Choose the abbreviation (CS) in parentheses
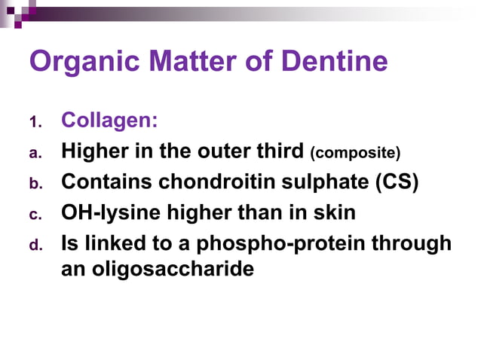coord(394,182)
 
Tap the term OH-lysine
coord(106,213)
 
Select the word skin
coord(332,213)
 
